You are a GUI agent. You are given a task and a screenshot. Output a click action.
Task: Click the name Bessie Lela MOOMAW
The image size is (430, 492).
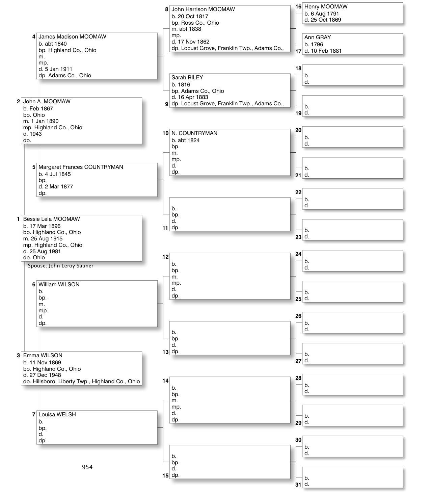(x=51, y=219)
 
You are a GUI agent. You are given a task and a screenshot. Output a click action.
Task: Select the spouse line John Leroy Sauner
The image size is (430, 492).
(x=60, y=266)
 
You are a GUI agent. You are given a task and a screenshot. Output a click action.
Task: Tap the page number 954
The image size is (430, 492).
(x=87, y=467)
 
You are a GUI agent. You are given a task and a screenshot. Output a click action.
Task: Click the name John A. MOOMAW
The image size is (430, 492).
(x=47, y=102)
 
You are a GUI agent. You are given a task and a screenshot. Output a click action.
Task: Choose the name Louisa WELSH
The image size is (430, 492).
(x=57, y=415)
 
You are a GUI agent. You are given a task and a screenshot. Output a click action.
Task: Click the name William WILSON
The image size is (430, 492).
(x=59, y=285)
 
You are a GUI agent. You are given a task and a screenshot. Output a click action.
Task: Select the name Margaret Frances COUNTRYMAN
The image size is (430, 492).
(x=81, y=167)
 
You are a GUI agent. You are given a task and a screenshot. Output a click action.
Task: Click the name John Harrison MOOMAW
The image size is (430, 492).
(x=203, y=9)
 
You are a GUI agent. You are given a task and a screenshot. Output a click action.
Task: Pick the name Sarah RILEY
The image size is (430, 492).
(x=187, y=78)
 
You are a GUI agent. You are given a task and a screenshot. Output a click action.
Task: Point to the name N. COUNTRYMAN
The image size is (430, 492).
(x=194, y=133)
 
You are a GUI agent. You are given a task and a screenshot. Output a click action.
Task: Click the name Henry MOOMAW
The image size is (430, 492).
(x=326, y=7)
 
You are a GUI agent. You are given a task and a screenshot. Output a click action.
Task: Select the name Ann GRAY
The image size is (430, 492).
(x=317, y=37)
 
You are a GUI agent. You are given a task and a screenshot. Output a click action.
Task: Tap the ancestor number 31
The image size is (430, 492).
(x=298, y=485)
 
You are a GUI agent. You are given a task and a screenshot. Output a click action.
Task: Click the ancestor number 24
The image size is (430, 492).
(x=298, y=254)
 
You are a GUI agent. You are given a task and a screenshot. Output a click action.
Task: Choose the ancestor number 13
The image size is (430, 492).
(x=165, y=352)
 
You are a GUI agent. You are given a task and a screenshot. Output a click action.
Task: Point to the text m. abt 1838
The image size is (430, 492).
(x=186, y=29)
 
